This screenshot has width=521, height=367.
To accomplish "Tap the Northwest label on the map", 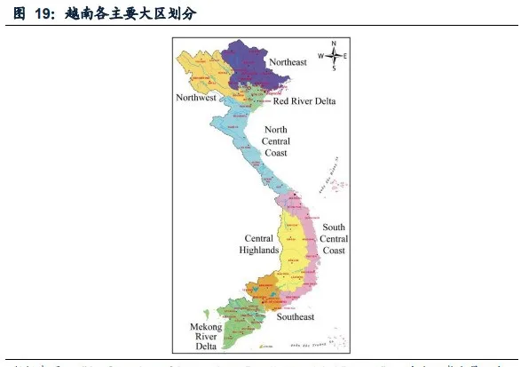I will click(196, 98).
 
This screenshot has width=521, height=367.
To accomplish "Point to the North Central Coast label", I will click(276, 140).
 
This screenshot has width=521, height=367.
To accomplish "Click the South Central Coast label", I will click(335, 239).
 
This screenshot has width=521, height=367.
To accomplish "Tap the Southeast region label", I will click(295, 317).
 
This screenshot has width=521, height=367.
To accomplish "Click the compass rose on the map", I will click(334, 54).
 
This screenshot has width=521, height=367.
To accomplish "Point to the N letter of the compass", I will click(334, 43).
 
